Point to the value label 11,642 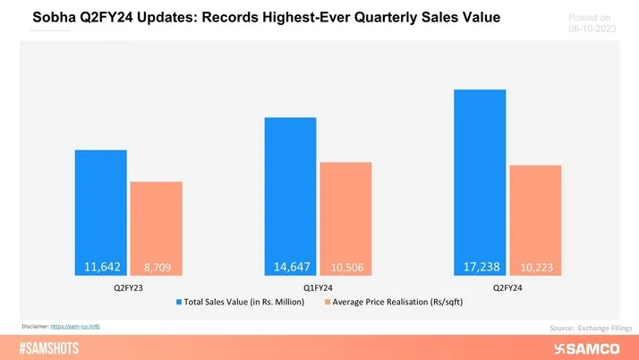pyautogui.click(x=100, y=266)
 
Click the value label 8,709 pyautogui.click(x=156, y=267)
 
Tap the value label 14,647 pyautogui.click(x=290, y=266)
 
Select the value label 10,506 pyautogui.click(x=345, y=267)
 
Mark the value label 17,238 pyautogui.click(x=480, y=266)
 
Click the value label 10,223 pyautogui.click(x=535, y=267)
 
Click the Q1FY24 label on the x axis pyautogui.click(x=318, y=288)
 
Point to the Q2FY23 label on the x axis pyautogui.click(x=128, y=288)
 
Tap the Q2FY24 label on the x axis pyautogui.click(x=507, y=288)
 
